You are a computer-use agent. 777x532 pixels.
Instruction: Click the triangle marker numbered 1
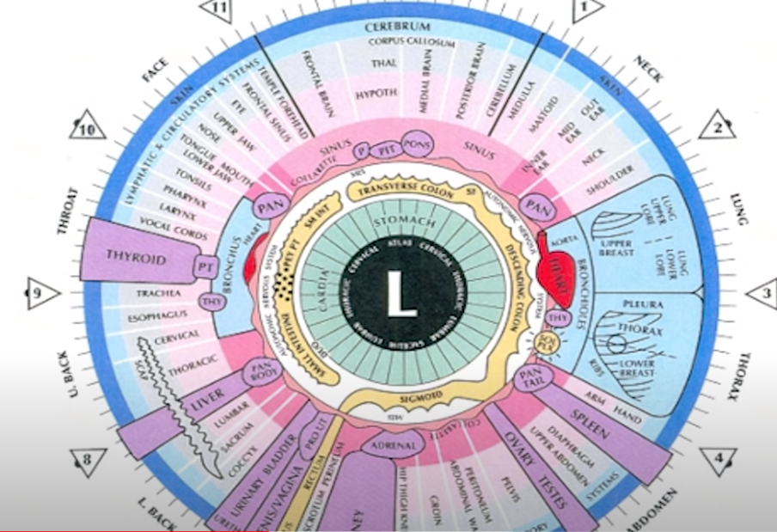tap(586, 9)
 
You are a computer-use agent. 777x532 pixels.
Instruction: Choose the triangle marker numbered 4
tap(719, 458)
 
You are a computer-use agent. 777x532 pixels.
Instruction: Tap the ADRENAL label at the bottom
tap(394, 446)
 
